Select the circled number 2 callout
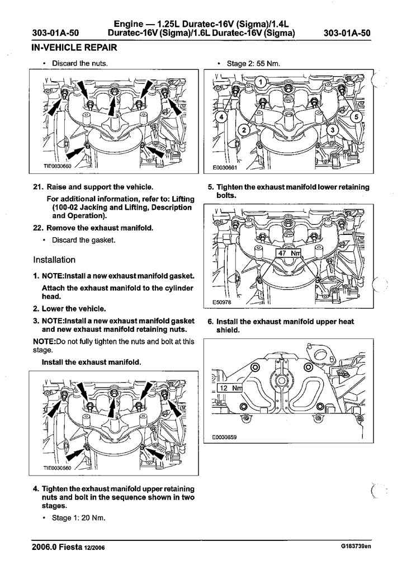(x=244, y=130)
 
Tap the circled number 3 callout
(x=332, y=130)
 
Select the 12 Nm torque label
(x=230, y=388)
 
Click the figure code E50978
(x=222, y=302)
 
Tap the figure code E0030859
(x=225, y=437)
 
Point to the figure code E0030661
(x=225, y=167)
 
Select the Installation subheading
(x=54, y=260)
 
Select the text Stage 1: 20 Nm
(x=78, y=517)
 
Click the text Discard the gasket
(x=83, y=240)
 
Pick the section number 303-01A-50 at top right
(x=347, y=33)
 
